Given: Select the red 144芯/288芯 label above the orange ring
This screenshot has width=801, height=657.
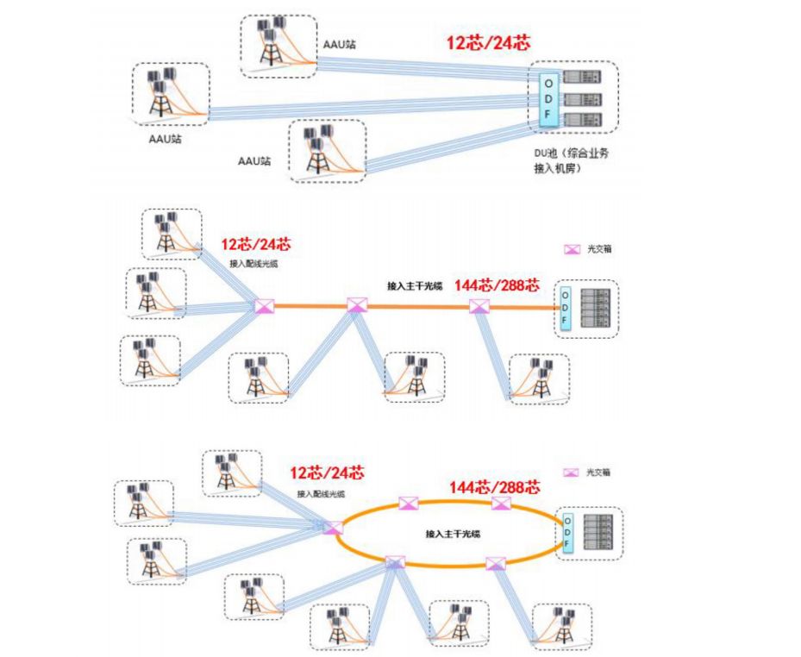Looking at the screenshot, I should [494, 487].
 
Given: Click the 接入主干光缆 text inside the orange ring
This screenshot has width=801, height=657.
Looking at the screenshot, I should [453, 535].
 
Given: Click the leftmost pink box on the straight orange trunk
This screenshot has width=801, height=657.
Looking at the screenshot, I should [264, 305].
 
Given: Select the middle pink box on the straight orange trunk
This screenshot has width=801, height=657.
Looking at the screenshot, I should [357, 305].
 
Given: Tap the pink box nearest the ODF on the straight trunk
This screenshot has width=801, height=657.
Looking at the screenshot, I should [479, 306].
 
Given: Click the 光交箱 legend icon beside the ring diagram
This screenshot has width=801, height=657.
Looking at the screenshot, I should [570, 472].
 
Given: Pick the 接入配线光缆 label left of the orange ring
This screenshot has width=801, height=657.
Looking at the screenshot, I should [321, 494].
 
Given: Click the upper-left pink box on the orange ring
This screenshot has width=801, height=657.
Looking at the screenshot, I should [407, 504].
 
